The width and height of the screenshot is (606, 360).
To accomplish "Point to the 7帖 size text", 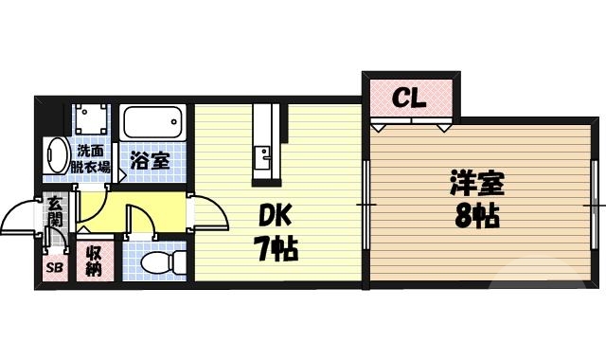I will pyautogui.click(x=276, y=249).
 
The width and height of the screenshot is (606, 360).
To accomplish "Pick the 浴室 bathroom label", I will pyautogui.click(x=150, y=160).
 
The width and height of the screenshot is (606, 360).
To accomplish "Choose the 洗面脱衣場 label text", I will pyautogui.click(x=92, y=158).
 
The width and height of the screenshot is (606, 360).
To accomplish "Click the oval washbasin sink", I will pyautogui.click(x=56, y=156).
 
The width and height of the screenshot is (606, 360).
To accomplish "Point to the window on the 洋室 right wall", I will pyautogui.click(x=597, y=204).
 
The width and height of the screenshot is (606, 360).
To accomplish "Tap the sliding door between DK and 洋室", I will pyautogui.click(x=365, y=204).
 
